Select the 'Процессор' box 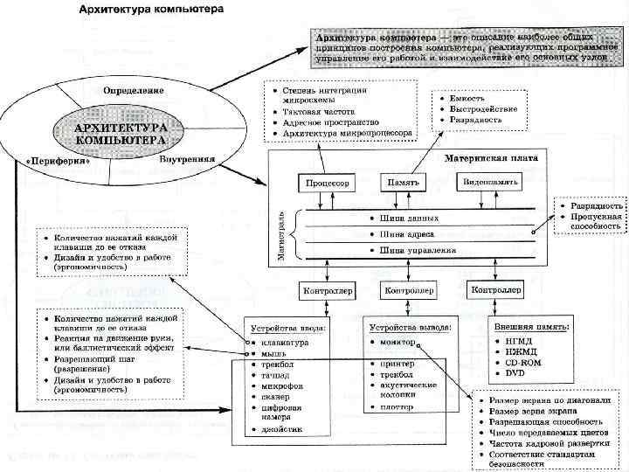point(328,184)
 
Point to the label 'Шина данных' point(410,218)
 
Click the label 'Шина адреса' point(409,234)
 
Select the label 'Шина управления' point(418,251)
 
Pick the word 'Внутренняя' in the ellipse point(189,160)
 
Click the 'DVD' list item point(514,373)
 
